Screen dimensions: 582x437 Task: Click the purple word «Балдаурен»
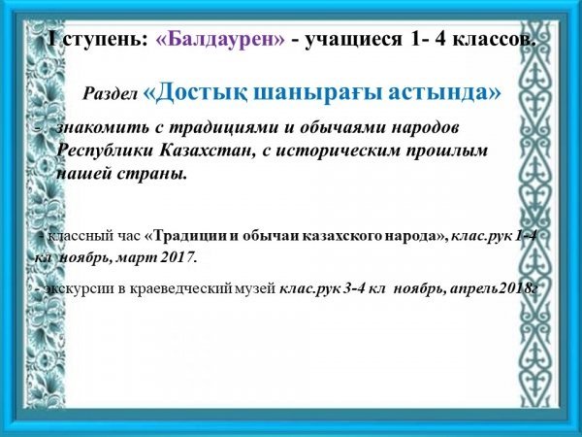coord(220,39)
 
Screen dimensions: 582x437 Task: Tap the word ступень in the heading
coord(101,40)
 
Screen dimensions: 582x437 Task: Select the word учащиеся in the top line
coord(353,40)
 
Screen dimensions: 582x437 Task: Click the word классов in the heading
coord(494,39)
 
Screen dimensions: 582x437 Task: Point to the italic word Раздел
coord(110,94)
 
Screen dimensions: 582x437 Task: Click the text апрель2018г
coord(494,289)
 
